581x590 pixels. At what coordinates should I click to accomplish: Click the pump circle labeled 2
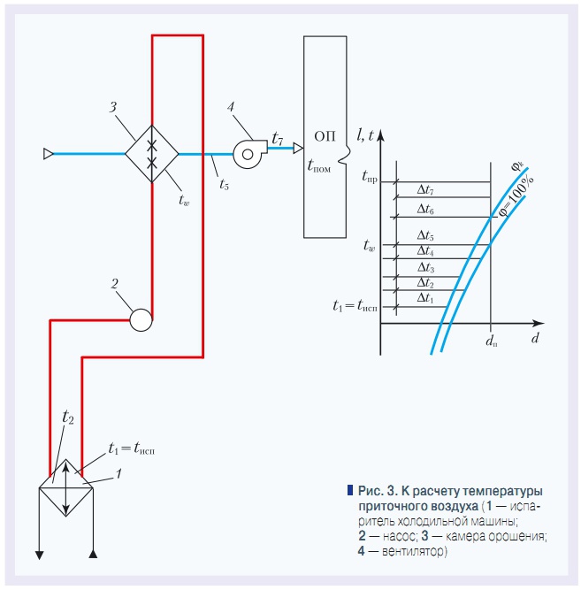coord(141,320)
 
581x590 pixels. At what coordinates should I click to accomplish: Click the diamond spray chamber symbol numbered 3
coord(151,154)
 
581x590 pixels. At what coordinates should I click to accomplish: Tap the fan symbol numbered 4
coord(249,154)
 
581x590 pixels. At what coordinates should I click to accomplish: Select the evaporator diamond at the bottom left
coord(65,487)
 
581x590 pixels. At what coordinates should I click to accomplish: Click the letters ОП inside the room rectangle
coord(325,136)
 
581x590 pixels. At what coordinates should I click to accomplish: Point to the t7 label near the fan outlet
coord(278,139)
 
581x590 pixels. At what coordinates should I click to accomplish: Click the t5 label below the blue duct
coord(224,184)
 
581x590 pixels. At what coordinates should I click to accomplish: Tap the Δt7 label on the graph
coord(425,189)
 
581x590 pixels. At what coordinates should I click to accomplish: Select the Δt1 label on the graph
coord(425,298)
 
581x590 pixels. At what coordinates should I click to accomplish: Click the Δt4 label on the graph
coord(425,250)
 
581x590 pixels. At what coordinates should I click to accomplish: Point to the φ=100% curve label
coord(516,196)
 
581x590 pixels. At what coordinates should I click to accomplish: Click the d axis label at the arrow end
coord(535,338)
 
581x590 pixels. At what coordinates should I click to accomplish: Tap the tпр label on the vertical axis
coord(369,176)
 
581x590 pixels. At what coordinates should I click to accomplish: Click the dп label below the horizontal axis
coord(491,341)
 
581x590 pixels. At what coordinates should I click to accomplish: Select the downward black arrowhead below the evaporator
coord(39,555)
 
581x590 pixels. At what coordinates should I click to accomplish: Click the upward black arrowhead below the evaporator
coord(93,554)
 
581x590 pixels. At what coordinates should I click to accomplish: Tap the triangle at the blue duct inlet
coord(48,154)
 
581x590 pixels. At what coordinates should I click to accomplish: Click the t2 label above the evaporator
coord(68,417)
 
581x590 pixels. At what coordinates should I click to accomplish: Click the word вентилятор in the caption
coord(413,551)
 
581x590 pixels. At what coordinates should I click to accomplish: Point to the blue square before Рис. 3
coord(350,490)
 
